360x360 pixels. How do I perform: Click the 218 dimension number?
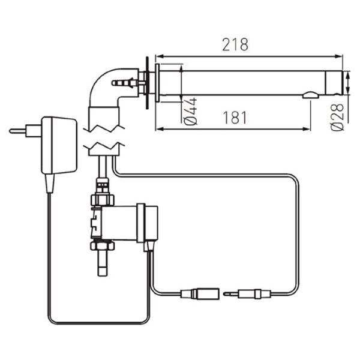235,44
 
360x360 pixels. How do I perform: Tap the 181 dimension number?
235,118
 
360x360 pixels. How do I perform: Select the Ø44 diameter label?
191,112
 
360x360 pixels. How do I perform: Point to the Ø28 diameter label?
337,117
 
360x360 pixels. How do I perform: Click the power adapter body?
59,145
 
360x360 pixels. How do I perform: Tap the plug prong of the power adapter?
17,131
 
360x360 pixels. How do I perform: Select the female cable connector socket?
200,293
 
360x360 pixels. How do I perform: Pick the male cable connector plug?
247,293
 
